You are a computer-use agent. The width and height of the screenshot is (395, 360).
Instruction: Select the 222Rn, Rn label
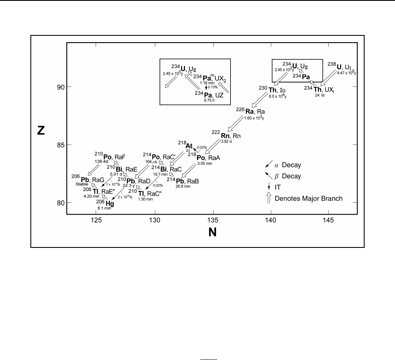pos(231,136)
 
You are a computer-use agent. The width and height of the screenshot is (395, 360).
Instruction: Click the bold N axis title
pos(213,232)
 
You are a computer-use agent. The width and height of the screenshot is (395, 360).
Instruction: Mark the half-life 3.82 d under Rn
pos(227,142)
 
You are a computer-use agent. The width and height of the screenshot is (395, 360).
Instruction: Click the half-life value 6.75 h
pos(208,101)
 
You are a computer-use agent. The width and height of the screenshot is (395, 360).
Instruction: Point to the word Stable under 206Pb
pos(83,184)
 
